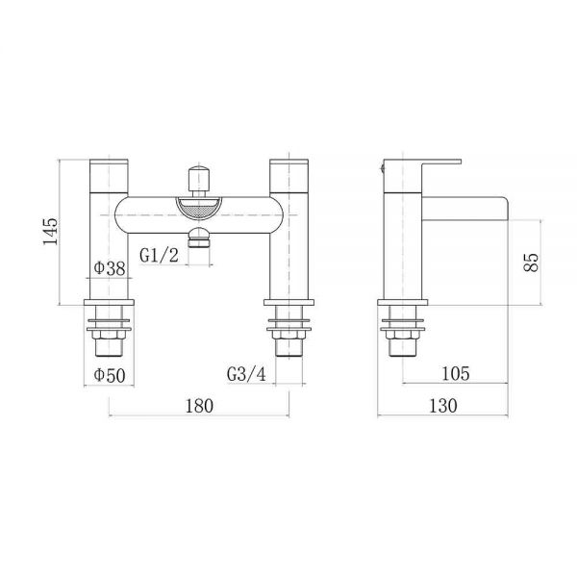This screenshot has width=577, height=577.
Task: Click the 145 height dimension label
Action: [50, 232]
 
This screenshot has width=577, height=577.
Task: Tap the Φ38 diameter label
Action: [110, 268]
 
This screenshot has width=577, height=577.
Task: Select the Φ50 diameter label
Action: [110, 375]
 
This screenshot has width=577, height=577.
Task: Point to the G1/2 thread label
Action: [159, 255]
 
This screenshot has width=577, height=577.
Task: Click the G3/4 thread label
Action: [246, 375]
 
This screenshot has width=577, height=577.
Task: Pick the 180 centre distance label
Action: [199, 406]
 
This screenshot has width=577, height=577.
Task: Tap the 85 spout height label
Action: [531, 262]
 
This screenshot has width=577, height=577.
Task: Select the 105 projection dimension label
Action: [456, 373]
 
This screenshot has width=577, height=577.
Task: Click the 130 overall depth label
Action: [443, 406]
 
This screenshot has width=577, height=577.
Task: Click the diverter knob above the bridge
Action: [199, 179]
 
